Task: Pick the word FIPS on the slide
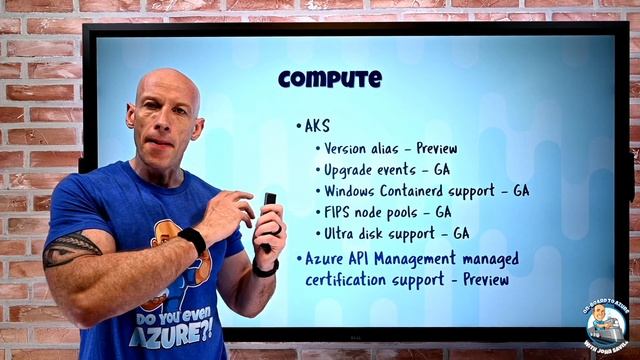[339, 212]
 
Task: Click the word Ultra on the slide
[342, 233]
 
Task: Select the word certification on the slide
[349, 279]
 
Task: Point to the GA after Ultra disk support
[461, 233]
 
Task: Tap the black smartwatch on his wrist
[193, 241]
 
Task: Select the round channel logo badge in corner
[605, 326]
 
